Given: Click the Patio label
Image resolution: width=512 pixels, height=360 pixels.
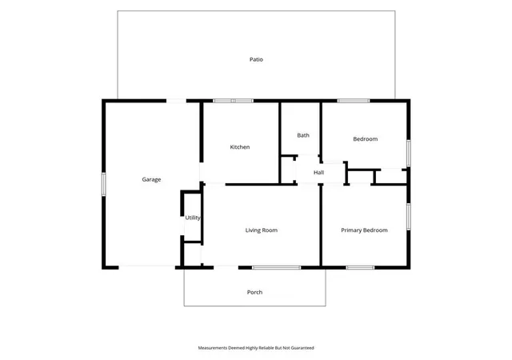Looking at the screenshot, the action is pyautogui.click(x=256, y=59).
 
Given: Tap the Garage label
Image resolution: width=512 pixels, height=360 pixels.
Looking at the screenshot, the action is pyautogui.click(x=151, y=179).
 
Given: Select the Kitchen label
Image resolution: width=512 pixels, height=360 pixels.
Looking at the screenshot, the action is pyautogui.click(x=240, y=147).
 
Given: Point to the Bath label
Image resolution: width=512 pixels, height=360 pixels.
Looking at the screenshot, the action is pyautogui.click(x=303, y=135).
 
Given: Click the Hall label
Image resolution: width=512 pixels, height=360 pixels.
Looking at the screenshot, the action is pyautogui.click(x=318, y=173).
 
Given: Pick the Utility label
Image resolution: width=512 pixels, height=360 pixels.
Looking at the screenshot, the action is pyautogui.click(x=193, y=218).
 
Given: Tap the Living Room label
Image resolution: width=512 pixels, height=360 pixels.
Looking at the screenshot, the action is pyautogui.click(x=262, y=230).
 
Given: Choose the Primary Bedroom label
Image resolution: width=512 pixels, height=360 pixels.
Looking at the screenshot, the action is pyautogui.click(x=364, y=230).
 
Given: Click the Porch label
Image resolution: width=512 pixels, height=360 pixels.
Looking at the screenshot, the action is pyautogui.click(x=254, y=292).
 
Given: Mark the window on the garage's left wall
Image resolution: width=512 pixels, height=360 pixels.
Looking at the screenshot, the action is pyautogui.click(x=103, y=184).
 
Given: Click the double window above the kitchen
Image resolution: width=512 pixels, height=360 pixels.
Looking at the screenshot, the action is pyautogui.click(x=233, y=101).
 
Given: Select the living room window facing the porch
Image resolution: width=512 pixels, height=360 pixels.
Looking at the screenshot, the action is pyautogui.click(x=276, y=267).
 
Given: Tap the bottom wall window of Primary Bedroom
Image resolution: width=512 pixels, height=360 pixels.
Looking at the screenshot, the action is pyautogui.click(x=360, y=267).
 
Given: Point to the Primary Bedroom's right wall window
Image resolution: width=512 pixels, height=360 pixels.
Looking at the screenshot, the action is pyautogui.click(x=409, y=216).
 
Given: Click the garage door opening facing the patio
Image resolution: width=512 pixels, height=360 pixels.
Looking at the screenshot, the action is pyautogui.click(x=176, y=101).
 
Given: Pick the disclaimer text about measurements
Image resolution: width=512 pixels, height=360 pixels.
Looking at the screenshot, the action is pyautogui.click(x=256, y=348).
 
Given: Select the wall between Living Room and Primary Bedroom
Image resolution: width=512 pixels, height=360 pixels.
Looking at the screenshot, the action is pyautogui.click(x=321, y=226).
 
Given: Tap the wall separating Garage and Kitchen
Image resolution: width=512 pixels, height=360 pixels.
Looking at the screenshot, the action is pyautogui.click(x=202, y=132).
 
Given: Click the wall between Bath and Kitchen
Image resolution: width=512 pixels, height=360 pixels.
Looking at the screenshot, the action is pyautogui.click(x=280, y=143).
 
